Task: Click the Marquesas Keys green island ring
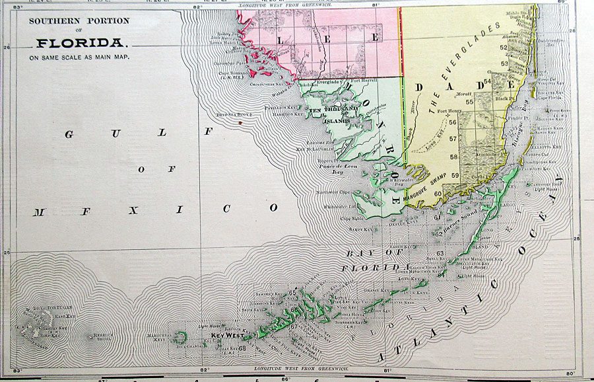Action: (x=180, y=338)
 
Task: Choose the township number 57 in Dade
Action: (x=471, y=139)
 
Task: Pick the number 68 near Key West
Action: (x=242, y=348)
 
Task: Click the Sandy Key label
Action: (x=362, y=229)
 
